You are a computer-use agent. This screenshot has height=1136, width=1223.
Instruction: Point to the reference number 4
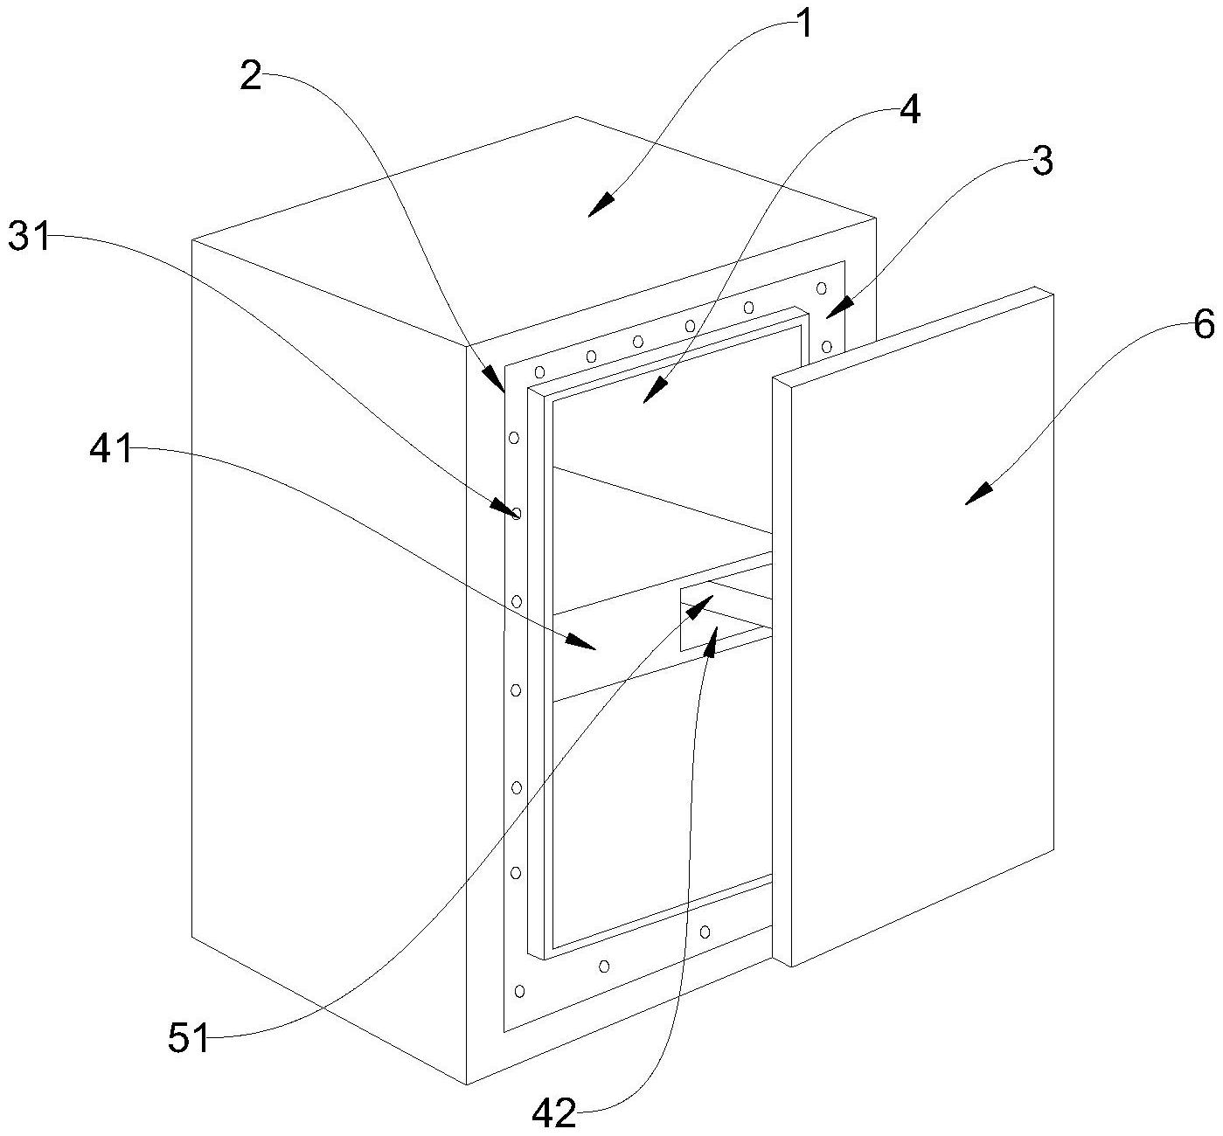pyautogui.click(x=909, y=111)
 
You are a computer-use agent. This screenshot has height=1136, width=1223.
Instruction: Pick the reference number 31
pyautogui.click(x=28, y=236)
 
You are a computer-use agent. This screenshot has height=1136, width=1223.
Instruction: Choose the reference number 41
pyautogui.click(x=111, y=447)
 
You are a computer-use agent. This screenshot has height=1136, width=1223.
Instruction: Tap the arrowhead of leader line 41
pyautogui.click(x=581, y=641)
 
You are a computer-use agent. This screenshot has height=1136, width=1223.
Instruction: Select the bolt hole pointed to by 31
pyautogui.click(x=516, y=514)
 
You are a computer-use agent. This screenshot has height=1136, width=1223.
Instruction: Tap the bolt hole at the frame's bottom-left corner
pyautogui.click(x=520, y=991)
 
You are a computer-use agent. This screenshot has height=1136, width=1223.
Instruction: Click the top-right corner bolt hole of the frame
pyautogui.click(x=822, y=288)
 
